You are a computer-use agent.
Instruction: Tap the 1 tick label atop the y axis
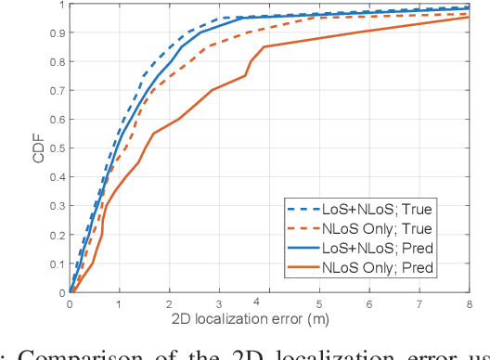pyautogui.click(x=61, y=5)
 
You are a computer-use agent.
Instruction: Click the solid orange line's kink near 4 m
pyautogui.click(x=264, y=46)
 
